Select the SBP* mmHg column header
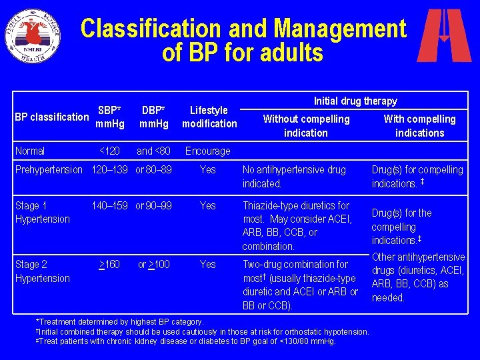(x=109, y=117)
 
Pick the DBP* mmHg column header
(x=154, y=117)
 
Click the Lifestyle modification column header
(x=209, y=117)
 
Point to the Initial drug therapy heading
(x=355, y=101)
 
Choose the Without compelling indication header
(x=306, y=125)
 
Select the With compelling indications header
(x=419, y=125)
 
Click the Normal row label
(x=30, y=151)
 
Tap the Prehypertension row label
(x=49, y=169)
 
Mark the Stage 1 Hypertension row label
(x=42, y=212)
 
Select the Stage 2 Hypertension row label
(x=42, y=271)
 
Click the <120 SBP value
(x=109, y=151)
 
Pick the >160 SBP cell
(x=109, y=265)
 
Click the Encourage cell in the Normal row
(x=207, y=151)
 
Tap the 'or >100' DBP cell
(x=153, y=265)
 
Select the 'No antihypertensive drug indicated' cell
(x=294, y=176)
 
